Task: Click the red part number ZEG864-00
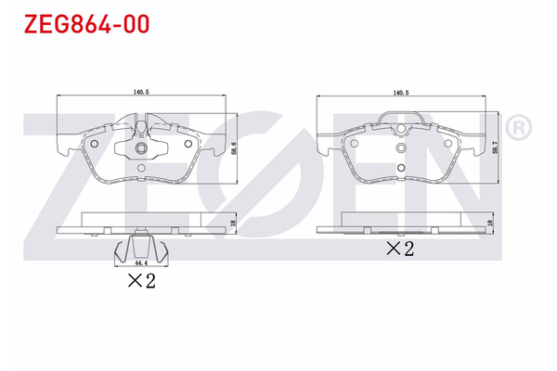coord(86,24)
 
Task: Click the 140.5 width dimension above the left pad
coord(141,92)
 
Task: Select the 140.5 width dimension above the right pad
coord(401,93)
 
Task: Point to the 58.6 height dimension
coord(233,148)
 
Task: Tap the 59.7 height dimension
coord(496,147)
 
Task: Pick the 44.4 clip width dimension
coord(141,263)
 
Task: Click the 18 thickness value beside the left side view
coord(233,224)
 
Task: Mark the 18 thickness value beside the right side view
coord(490,223)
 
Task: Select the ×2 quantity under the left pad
coord(142,280)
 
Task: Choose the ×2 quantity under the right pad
coord(400,249)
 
